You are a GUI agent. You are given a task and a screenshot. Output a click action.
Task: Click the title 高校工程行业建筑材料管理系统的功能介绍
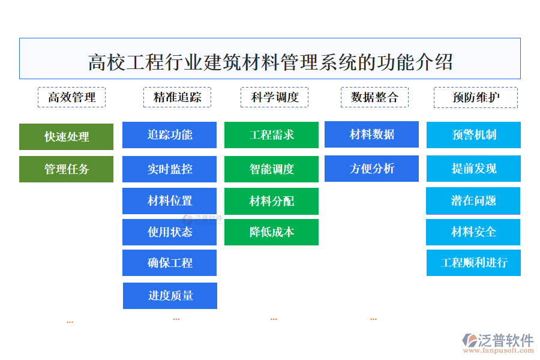[x=270, y=61]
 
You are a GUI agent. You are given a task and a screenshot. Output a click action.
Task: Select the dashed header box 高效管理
[x=71, y=97]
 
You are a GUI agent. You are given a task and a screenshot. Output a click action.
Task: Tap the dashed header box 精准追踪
[x=177, y=97]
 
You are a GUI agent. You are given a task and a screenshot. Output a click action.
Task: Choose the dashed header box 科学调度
[x=274, y=97]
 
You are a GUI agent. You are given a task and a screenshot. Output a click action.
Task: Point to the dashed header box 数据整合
[x=374, y=97]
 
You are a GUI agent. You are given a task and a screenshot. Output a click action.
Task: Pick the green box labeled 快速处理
[x=66, y=137]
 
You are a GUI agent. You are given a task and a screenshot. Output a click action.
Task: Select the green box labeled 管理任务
[x=66, y=169]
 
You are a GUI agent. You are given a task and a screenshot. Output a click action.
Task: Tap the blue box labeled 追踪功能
[x=169, y=135]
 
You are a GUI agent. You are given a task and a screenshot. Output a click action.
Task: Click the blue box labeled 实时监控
[x=169, y=169]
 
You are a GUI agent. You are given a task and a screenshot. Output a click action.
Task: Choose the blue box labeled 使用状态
[x=169, y=232]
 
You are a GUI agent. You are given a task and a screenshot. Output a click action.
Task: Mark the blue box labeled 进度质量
[x=170, y=296]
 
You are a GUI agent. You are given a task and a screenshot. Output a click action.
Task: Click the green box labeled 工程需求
[x=271, y=135]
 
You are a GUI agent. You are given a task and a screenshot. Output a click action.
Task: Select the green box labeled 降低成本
[x=271, y=232]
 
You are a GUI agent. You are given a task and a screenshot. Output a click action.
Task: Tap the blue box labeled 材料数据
[x=371, y=134]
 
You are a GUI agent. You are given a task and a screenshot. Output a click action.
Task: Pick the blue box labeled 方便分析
[x=371, y=169]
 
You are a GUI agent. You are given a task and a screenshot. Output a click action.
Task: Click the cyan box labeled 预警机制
[x=473, y=135]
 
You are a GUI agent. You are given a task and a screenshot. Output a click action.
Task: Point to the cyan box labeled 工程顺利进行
[x=473, y=263]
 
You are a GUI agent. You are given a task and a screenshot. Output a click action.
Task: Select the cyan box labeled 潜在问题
[x=473, y=201]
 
